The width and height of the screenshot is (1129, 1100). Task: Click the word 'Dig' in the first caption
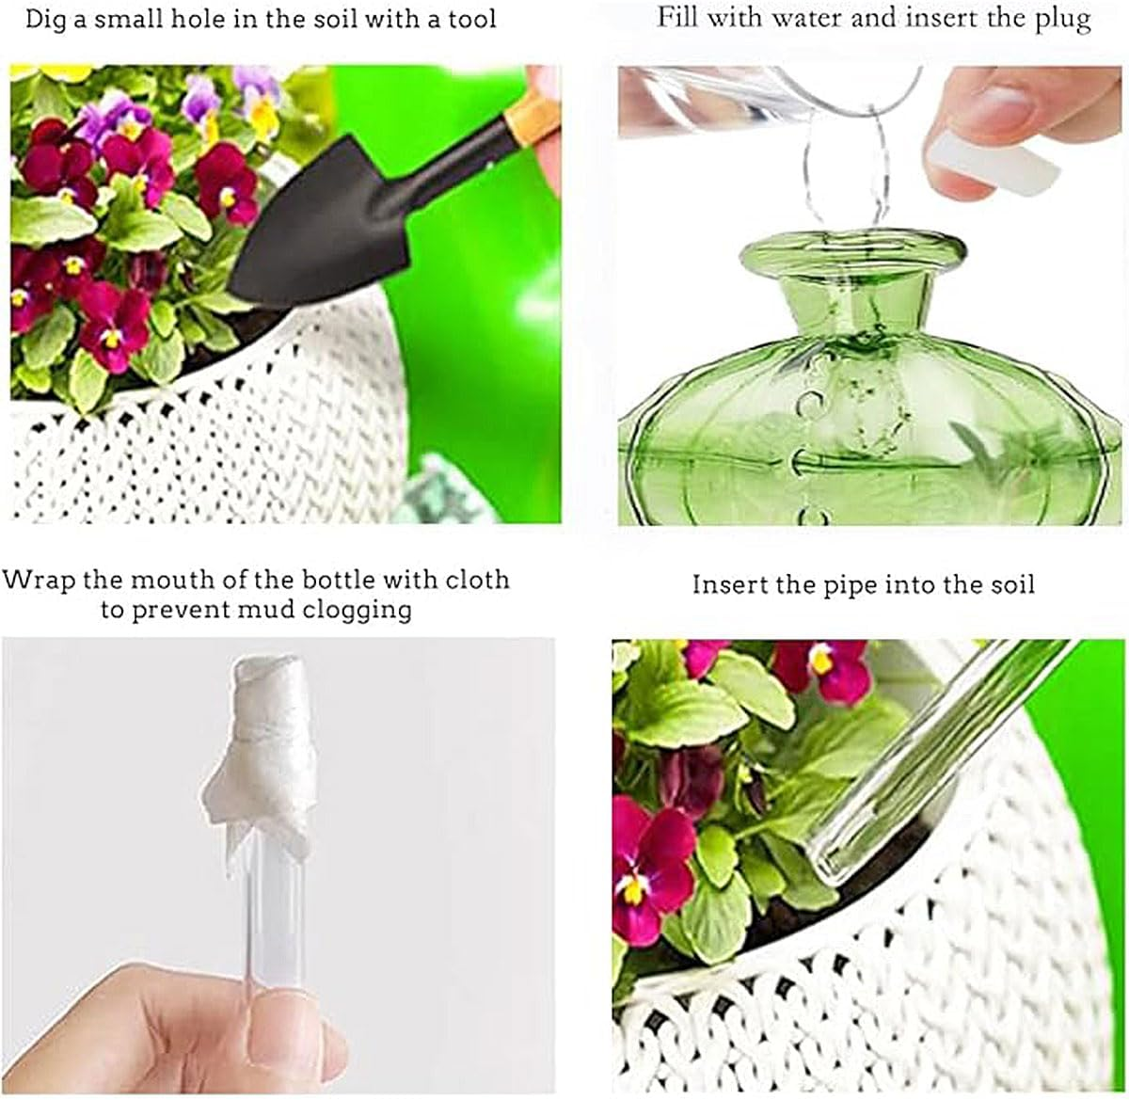tap(46, 18)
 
